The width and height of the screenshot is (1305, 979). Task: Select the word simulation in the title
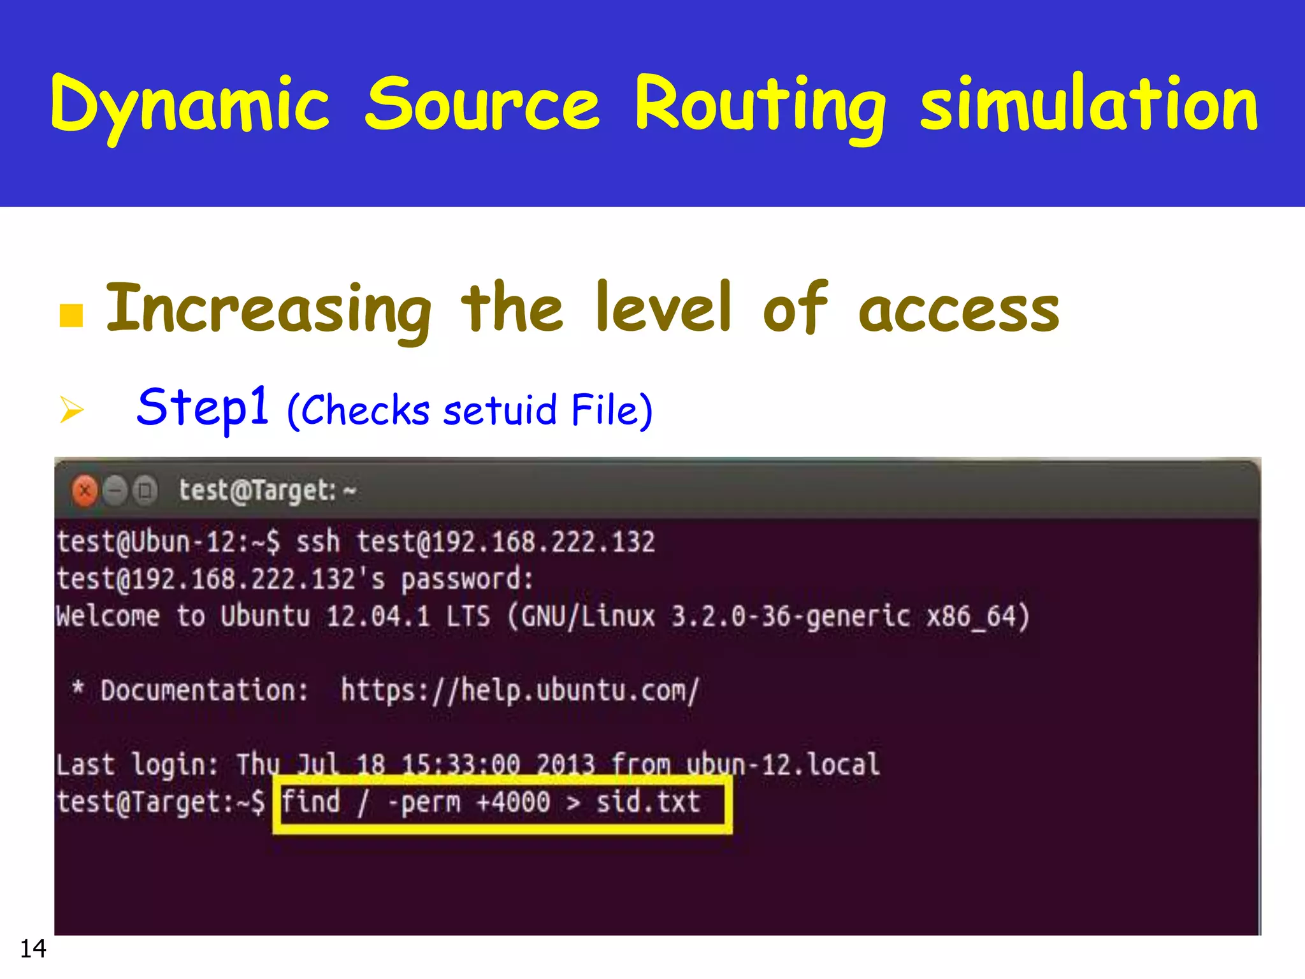(1089, 103)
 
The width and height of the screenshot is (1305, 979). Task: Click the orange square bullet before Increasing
(71, 315)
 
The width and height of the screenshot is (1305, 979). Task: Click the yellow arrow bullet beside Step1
(71, 409)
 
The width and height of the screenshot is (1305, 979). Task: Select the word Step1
(203, 408)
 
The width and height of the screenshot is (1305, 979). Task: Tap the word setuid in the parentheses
(500, 410)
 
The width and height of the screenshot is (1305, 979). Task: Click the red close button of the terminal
(85, 491)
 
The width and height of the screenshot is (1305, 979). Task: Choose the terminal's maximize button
(146, 491)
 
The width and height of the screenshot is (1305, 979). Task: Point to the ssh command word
(318, 542)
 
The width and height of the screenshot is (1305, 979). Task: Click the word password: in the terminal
(467, 579)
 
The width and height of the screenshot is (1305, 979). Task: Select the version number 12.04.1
(378, 616)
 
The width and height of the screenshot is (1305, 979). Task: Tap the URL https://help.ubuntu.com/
(520, 690)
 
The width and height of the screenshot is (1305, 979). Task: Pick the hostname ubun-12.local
(783, 764)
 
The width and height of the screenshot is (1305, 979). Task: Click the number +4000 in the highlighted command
(513, 802)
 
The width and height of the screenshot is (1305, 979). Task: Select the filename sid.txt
(648, 802)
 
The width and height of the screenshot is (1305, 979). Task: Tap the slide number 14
(33, 948)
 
